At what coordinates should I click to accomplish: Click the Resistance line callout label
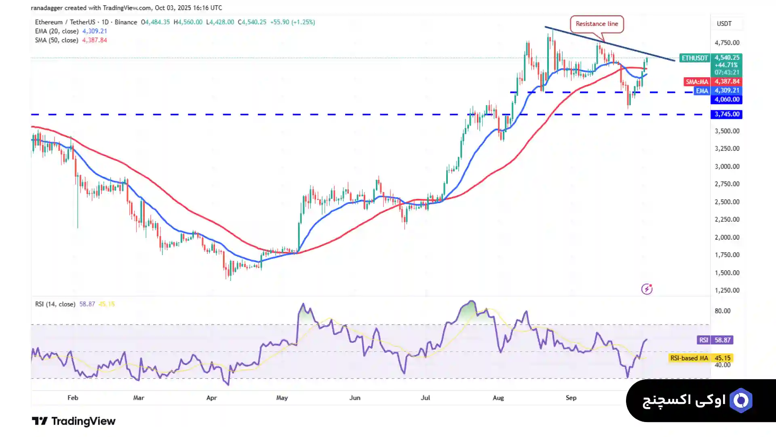(x=597, y=24)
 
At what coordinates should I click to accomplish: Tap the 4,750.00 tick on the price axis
(x=727, y=43)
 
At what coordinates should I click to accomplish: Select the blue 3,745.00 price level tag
(x=726, y=114)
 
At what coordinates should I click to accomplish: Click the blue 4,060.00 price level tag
(x=726, y=99)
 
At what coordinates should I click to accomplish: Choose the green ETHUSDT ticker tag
(x=694, y=58)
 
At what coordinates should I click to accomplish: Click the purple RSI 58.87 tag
(x=715, y=340)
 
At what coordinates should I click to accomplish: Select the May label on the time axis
(x=282, y=398)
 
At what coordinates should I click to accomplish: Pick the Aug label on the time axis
(x=498, y=398)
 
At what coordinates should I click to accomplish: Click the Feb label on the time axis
(x=73, y=398)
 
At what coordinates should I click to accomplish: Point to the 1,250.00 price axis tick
(x=727, y=290)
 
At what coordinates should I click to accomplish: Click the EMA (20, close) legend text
(x=57, y=31)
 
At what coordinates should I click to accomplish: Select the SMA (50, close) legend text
(x=57, y=40)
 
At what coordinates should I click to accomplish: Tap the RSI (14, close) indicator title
(x=55, y=304)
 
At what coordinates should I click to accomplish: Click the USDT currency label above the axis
(x=724, y=23)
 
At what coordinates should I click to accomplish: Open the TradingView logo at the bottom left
(x=74, y=421)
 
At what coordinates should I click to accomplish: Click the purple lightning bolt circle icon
(x=647, y=289)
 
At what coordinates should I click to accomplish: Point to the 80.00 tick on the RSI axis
(x=722, y=311)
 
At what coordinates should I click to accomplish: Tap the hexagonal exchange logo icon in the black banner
(x=741, y=400)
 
